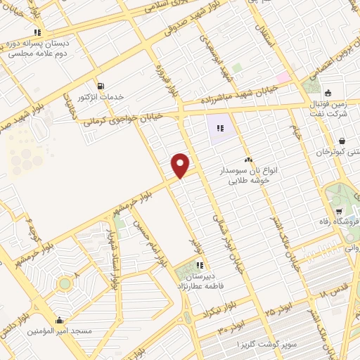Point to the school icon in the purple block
pyautogui.click(x=220, y=128)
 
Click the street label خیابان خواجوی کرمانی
pyautogui.click(x=122, y=117)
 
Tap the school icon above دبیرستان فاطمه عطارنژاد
pyautogui.click(x=200, y=266)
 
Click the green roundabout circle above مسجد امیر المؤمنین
pyautogui.click(x=65, y=283)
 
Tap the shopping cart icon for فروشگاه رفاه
pyautogui.click(x=339, y=211)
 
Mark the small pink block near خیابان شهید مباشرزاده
pyautogui.click(x=282, y=77)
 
